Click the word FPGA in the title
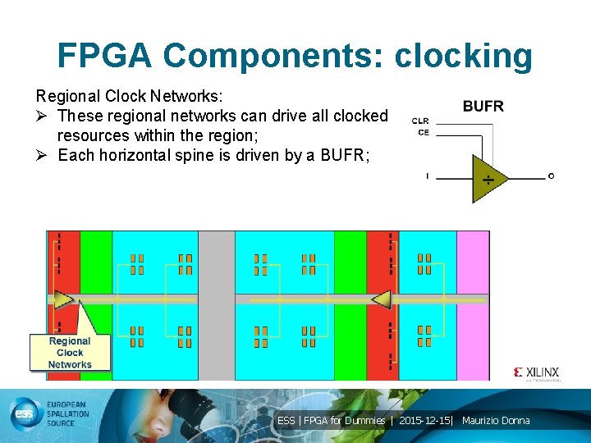104,56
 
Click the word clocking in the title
464,56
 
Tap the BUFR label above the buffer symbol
483,106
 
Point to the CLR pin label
420,121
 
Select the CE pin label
423,132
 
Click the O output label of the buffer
551,176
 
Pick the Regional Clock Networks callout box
70,353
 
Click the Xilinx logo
537,372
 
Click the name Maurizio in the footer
482,421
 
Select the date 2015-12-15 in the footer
424,421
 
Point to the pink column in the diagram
473,304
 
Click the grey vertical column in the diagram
217,304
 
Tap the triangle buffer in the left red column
64,297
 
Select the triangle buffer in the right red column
380,299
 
